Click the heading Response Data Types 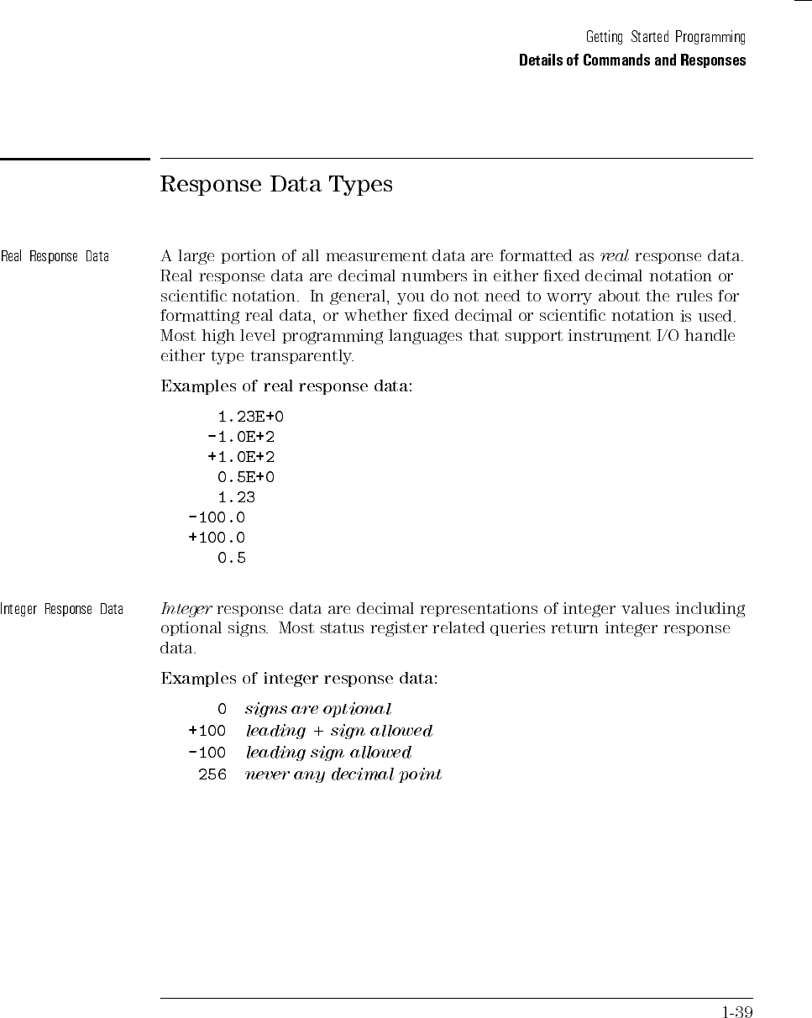pyautogui.click(x=276, y=185)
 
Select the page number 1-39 pyautogui.click(x=737, y=1011)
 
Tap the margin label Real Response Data pyautogui.click(x=55, y=256)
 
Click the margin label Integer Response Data pyautogui.click(x=62, y=609)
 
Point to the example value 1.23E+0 pyautogui.click(x=245, y=417)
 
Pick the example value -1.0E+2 pyautogui.click(x=241, y=437)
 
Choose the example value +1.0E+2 pyautogui.click(x=241, y=457)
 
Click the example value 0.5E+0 pyautogui.click(x=246, y=477)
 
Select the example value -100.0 pyautogui.click(x=217, y=517)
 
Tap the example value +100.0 pyautogui.click(x=217, y=538)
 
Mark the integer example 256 pyautogui.click(x=212, y=774)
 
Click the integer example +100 pyautogui.click(x=207, y=731)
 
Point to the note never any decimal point pyautogui.click(x=343, y=774)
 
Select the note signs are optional pyautogui.click(x=318, y=710)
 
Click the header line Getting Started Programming pyautogui.click(x=665, y=38)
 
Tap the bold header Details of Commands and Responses pyautogui.click(x=632, y=60)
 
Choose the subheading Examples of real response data pyautogui.click(x=286, y=387)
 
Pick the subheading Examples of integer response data pyautogui.click(x=299, y=678)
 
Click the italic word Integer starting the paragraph pyautogui.click(x=186, y=608)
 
